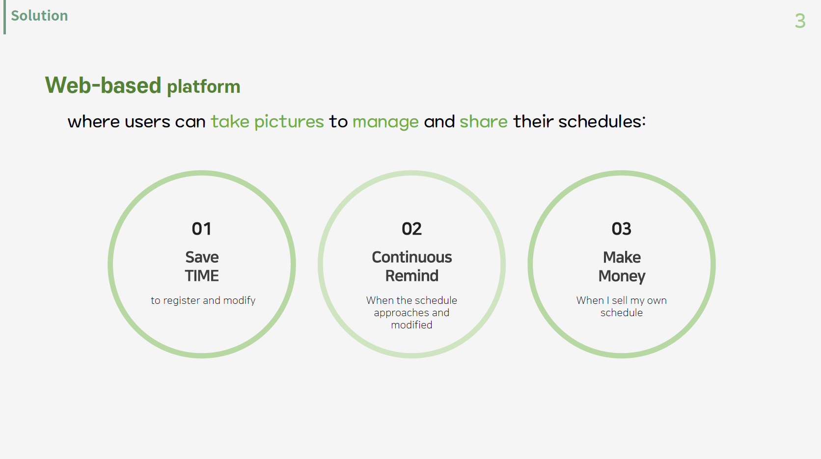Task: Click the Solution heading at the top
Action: coord(39,16)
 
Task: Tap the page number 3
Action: coord(800,21)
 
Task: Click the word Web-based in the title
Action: coord(103,85)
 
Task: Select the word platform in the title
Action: coord(203,87)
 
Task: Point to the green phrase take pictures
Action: coord(267,122)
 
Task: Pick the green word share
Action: coord(484,121)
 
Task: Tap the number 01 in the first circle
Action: coord(202,229)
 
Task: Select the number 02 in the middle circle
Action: coord(411,229)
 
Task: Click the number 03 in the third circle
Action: coord(621,229)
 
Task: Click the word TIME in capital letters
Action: coord(202,276)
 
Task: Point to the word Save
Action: coord(202,257)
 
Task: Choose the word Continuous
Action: coord(411,257)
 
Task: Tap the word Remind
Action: coord(411,276)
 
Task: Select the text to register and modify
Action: coord(203,300)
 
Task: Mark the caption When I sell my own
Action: coord(621,300)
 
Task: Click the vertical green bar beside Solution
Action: coord(5,17)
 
